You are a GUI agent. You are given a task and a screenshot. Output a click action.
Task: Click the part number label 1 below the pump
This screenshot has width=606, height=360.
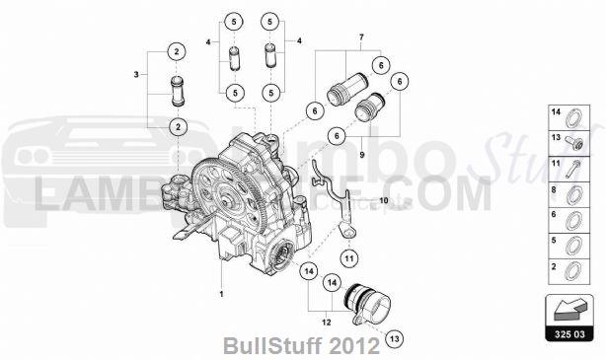pyautogui.click(x=222, y=293)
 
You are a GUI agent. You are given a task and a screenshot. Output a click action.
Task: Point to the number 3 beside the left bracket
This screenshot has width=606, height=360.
pyautogui.click(x=137, y=74)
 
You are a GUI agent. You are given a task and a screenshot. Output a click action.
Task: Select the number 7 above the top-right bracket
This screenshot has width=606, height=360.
pyautogui.click(x=361, y=36)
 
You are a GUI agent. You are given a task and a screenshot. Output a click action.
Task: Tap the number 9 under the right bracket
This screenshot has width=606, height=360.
pyautogui.click(x=361, y=155)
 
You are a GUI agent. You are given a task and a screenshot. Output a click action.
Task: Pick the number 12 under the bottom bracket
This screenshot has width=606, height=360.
pyautogui.click(x=327, y=321)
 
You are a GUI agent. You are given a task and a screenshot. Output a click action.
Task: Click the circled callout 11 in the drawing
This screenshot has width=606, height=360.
pyautogui.click(x=349, y=257)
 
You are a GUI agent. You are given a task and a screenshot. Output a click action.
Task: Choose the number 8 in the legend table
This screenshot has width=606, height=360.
pyautogui.click(x=556, y=190)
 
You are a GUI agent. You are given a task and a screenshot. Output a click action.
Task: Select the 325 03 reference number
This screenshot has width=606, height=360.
pyautogui.click(x=569, y=334)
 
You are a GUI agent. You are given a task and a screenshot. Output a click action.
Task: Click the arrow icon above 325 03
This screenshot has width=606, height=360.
pyautogui.click(x=568, y=311)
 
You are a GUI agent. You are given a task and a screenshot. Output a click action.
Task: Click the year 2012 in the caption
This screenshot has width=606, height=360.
pyautogui.click(x=355, y=347)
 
